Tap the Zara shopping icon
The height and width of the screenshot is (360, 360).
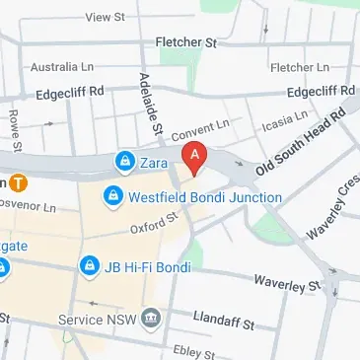point(124,160)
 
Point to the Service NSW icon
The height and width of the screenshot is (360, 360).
point(150,318)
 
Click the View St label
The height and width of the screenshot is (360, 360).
point(108,17)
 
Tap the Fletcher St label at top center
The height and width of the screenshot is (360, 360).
point(185,43)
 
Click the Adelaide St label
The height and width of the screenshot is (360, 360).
point(151,104)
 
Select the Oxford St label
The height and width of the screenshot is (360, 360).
point(151,228)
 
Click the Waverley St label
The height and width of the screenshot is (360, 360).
point(287,283)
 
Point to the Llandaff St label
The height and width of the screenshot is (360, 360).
point(225,323)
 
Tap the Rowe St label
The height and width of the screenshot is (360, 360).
point(17,126)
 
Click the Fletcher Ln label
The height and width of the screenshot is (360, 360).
point(300,67)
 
